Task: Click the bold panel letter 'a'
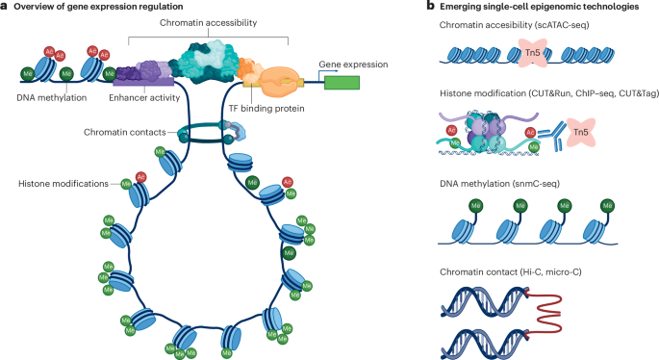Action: pyautogui.click(x=5, y=7)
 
